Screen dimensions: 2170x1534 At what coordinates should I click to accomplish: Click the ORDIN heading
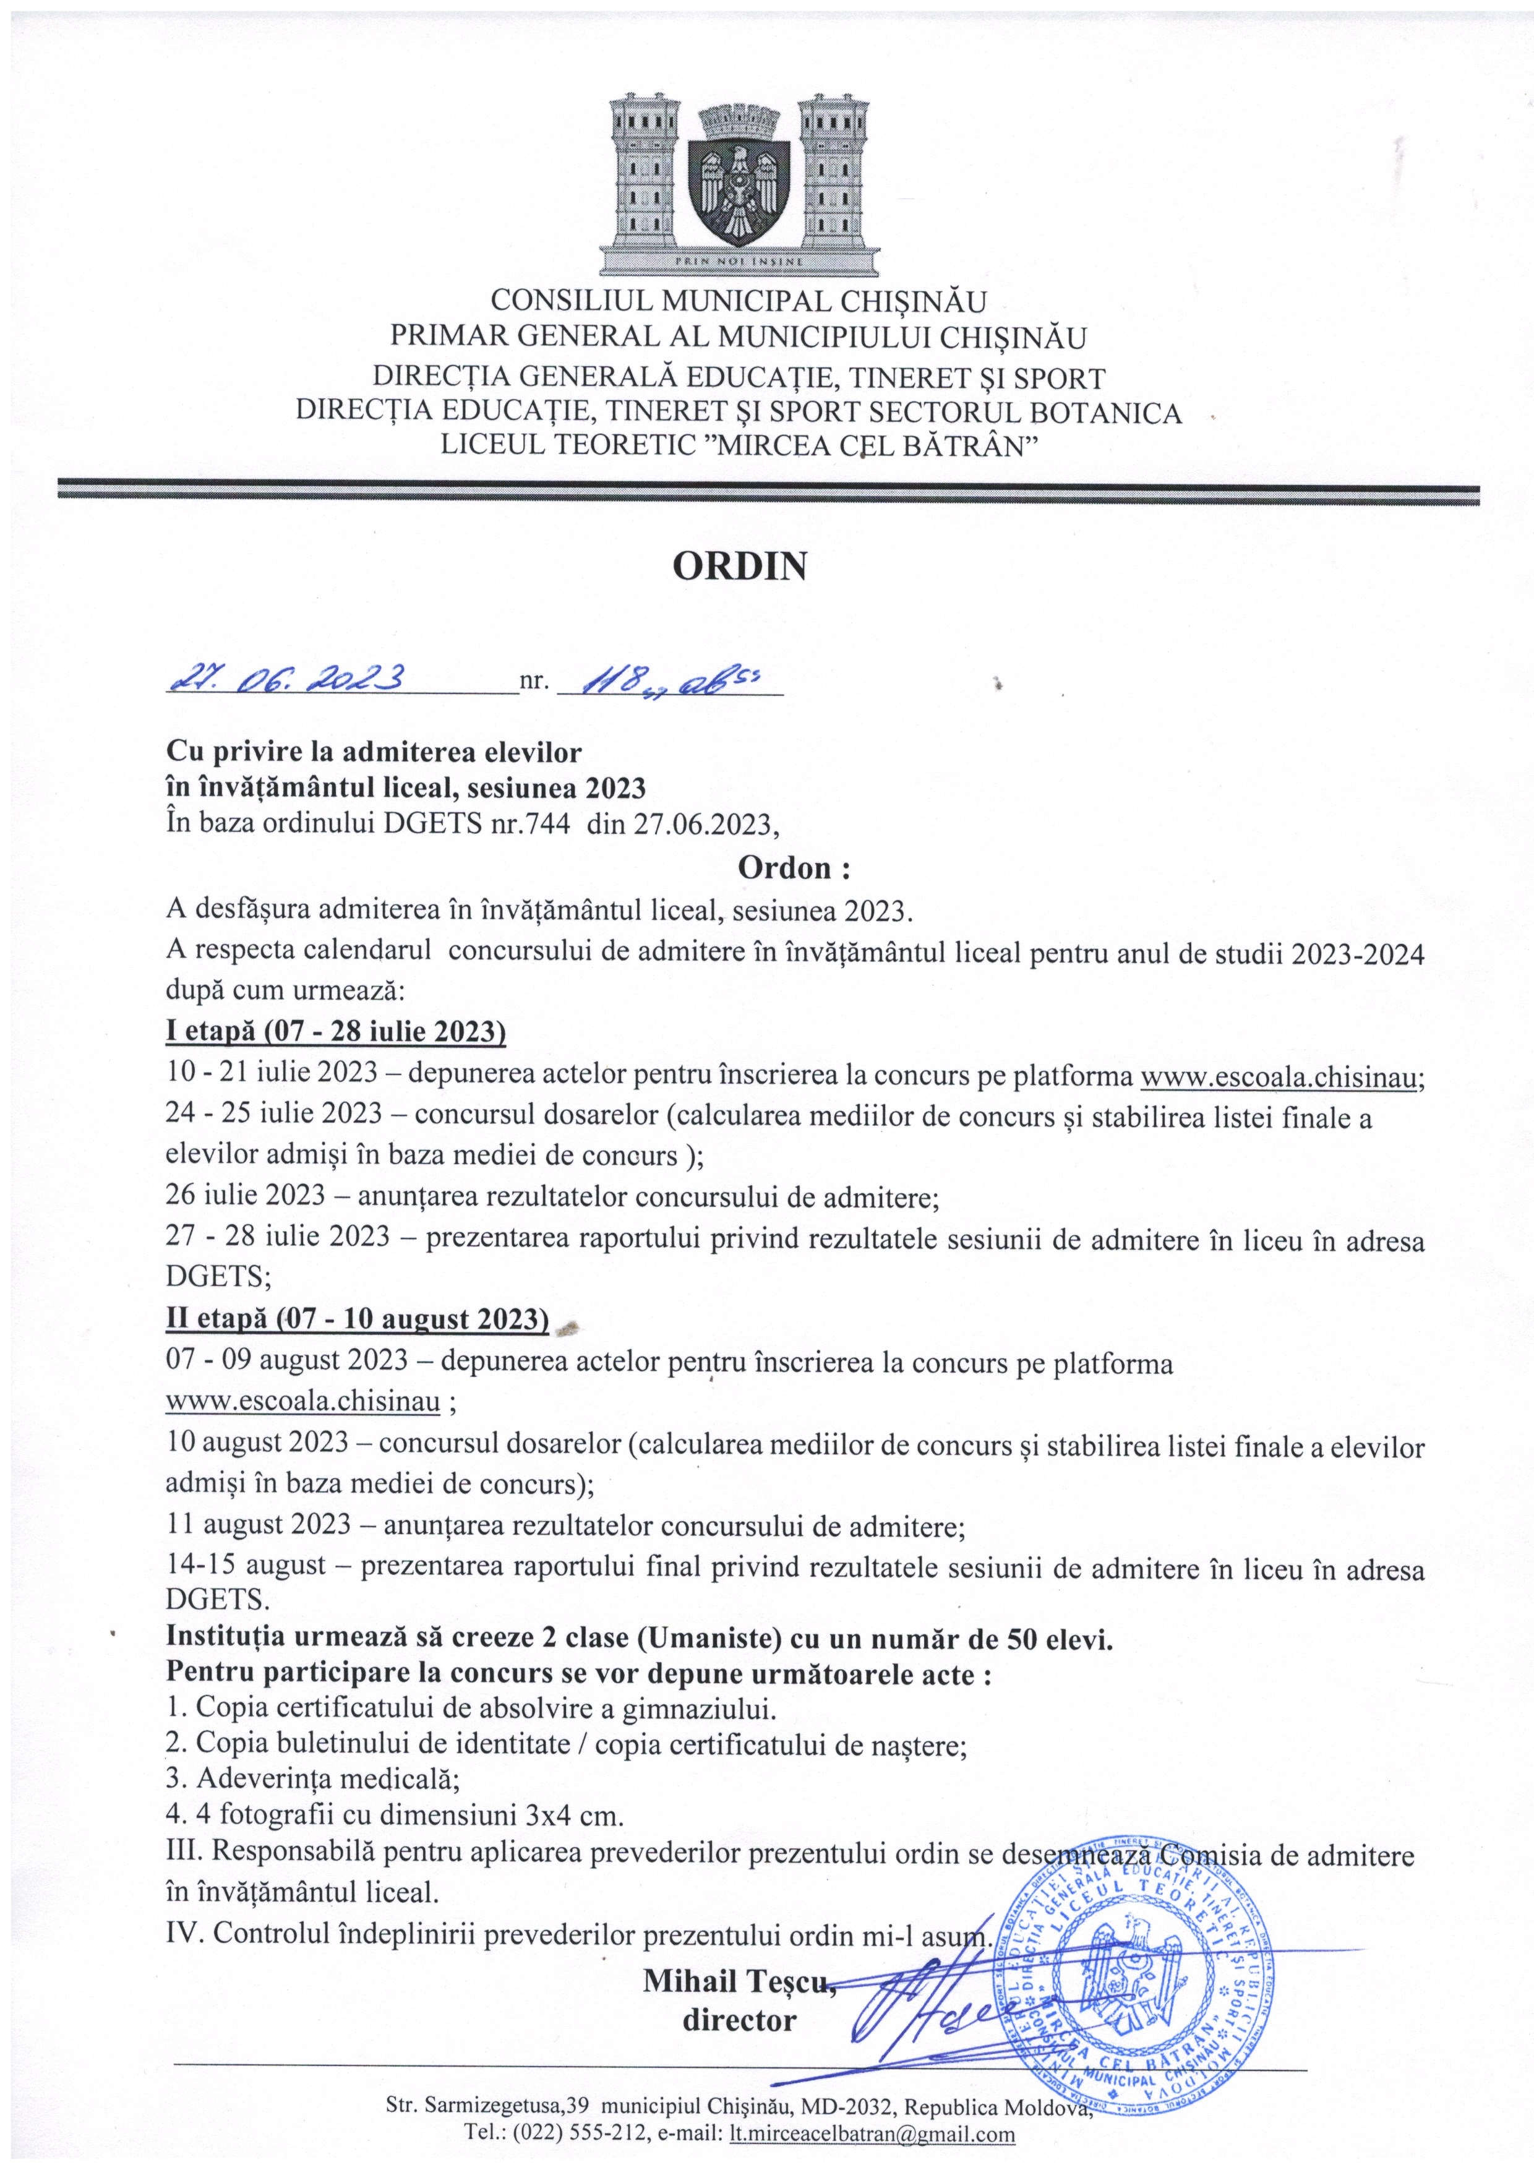point(739,566)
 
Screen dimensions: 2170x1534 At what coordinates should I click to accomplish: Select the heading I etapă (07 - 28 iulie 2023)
point(335,1031)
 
